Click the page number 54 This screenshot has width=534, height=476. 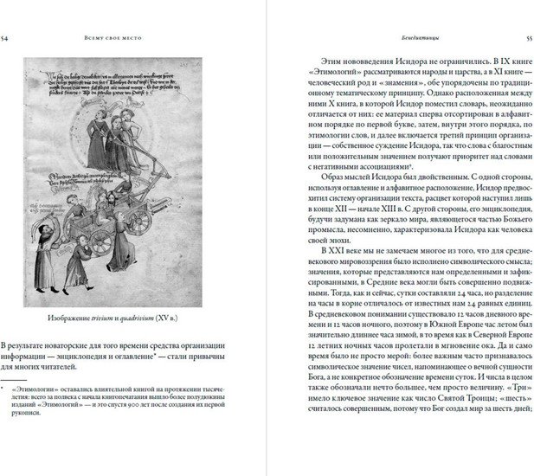(7, 38)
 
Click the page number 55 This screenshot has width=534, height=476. (528, 38)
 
